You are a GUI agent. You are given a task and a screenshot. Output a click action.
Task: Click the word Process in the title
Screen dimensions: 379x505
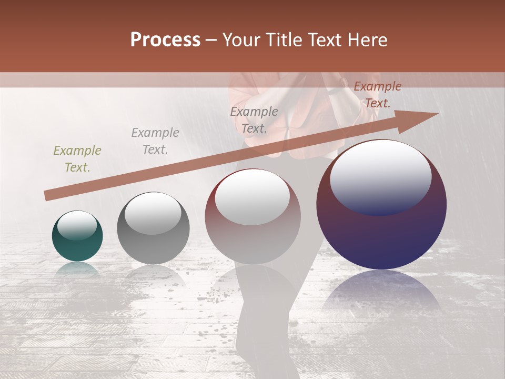coord(165,40)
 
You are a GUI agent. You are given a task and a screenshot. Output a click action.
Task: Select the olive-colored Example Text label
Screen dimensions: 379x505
coord(77,159)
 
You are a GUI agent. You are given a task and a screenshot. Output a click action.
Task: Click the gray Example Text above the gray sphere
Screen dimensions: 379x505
coord(155,141)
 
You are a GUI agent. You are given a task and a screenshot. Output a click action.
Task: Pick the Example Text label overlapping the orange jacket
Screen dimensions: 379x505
coord(254,119)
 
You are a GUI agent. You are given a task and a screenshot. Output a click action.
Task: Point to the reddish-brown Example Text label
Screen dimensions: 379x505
coord(377,95)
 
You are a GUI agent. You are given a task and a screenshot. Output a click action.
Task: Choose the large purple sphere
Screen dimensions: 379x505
coord(381,232)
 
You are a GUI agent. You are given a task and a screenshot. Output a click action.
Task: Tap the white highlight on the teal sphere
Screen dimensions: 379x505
coord(77,225)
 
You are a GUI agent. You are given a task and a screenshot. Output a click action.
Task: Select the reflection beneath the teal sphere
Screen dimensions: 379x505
coord(77,269)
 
